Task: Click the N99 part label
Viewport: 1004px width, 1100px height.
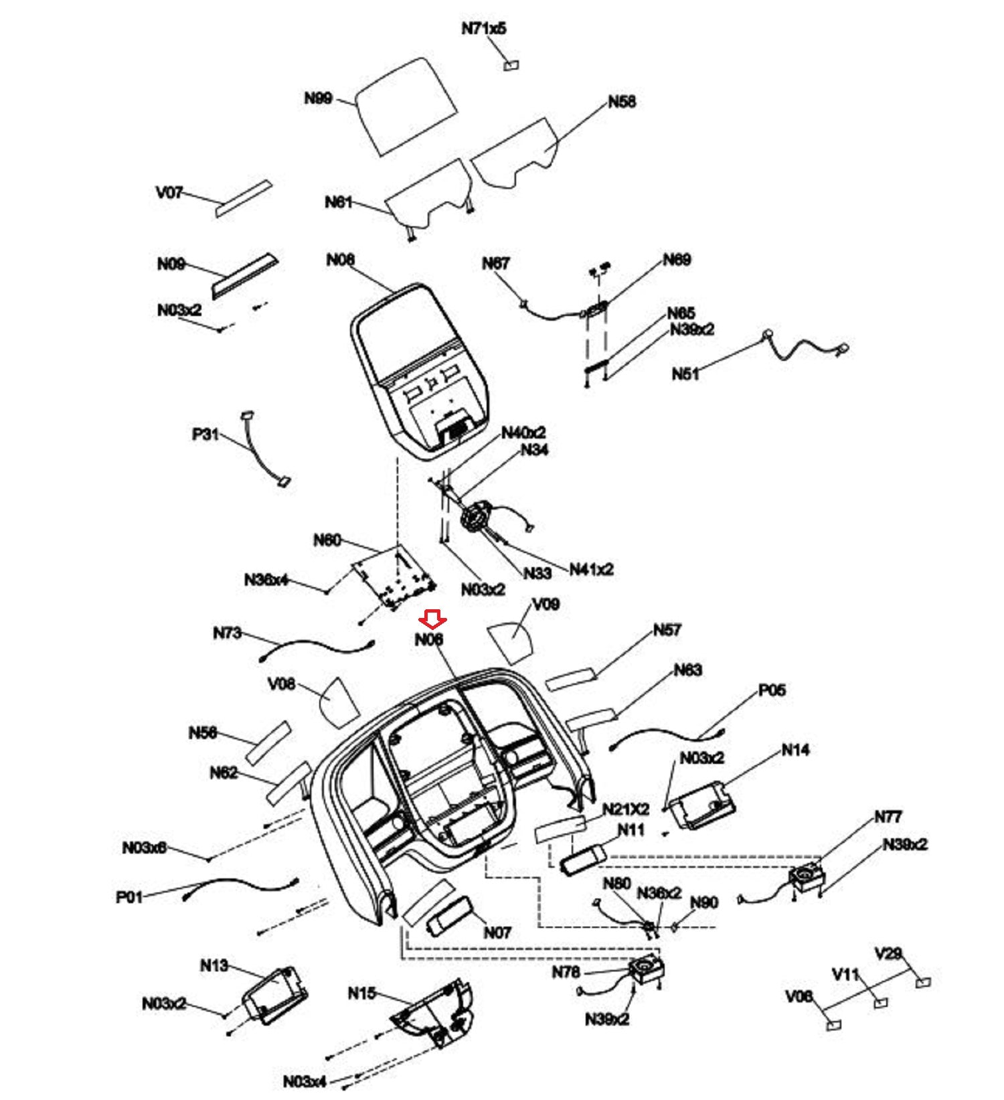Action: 318,99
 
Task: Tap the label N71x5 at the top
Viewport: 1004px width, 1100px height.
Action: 484,29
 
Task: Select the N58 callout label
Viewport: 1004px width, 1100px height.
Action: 622,102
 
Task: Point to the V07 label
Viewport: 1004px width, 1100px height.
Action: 169,193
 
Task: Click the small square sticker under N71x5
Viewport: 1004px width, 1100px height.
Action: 512,65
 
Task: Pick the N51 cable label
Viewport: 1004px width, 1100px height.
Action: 685,374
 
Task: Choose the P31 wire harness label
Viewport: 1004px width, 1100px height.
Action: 205,434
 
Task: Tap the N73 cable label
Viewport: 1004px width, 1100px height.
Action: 227,633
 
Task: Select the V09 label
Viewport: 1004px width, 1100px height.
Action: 546,605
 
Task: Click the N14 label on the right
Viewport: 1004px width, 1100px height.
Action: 795,750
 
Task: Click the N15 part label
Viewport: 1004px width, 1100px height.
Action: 362,993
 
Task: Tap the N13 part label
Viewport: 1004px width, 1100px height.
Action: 214,965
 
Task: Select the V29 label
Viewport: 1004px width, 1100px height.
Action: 888,953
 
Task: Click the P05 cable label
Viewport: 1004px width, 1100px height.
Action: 772,690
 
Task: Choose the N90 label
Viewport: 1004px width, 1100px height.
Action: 703,902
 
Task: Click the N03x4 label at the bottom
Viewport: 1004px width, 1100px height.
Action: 305,1081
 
